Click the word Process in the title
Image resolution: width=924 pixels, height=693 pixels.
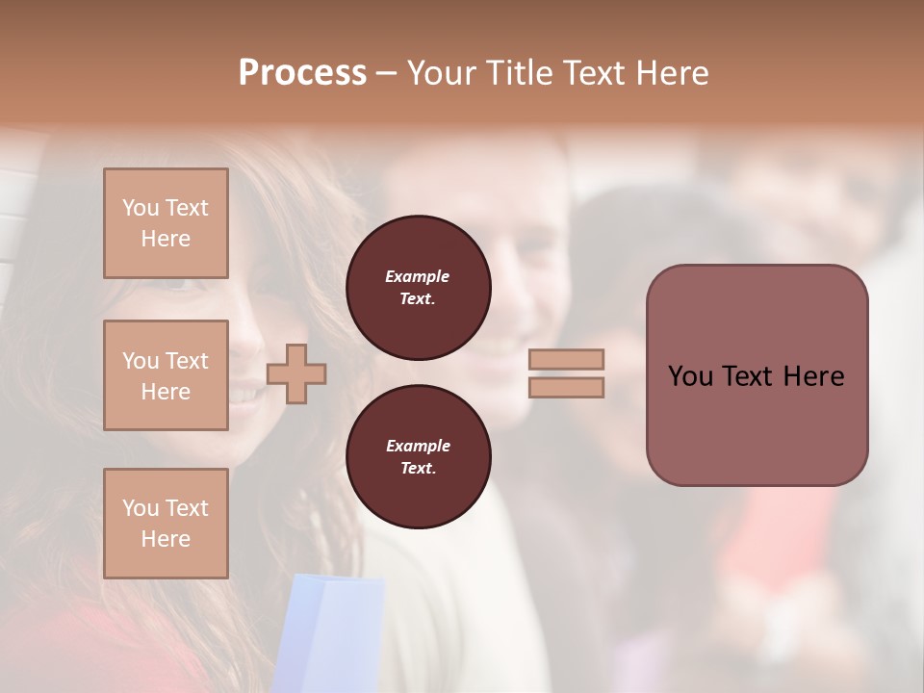coord(302,73)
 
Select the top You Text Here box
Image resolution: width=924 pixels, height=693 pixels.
coord(166,223)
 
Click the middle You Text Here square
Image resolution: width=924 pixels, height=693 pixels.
coord(166,375)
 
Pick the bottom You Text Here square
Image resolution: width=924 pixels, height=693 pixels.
coord(166,523)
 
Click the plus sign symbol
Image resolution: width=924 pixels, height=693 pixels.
coord(296,372)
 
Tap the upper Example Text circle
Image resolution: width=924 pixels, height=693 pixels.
coord(419,288)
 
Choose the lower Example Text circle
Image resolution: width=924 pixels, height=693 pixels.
coord(419,457)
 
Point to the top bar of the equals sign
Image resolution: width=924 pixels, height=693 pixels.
coord(567,359)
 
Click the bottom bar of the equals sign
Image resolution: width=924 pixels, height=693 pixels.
coord(567,387)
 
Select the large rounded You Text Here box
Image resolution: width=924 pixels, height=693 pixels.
coord(757,375)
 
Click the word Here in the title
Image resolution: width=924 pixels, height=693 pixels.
coord(671,73)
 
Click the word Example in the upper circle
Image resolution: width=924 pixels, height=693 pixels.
coord(418,276)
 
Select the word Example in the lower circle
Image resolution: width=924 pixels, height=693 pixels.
coord(418,446)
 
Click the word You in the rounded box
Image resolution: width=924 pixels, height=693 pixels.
coord(691,376)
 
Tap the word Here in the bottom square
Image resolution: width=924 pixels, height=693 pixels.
coord(166,539)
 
